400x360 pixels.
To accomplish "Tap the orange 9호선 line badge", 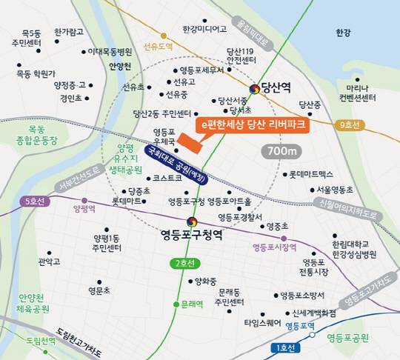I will click(x=348, y=125).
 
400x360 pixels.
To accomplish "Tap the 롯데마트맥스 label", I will click(x=311, y=174).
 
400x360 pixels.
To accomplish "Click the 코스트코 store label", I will click(x=167, y=179).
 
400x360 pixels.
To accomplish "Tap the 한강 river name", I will click(x=342, y=33).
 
